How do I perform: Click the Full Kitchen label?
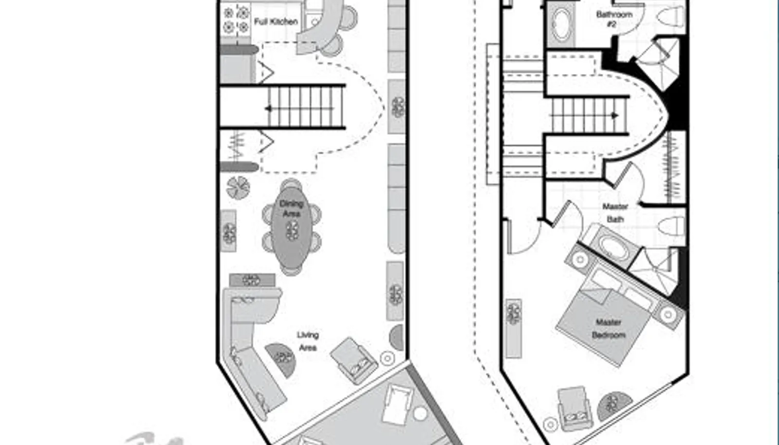pyautogui.click(x=276, y=21)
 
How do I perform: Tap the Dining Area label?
pyautogui.click(x=292, y=208)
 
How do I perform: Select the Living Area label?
pyautogui.click(x=308, y=341)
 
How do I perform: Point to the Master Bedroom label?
pyautogui.click(x=609, y=329)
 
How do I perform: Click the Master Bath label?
pyautogui.click(x=615, y=213)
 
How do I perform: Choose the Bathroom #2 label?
pyautogui.click(x=614, y=19)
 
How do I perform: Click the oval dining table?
pyautogui.click(x=292, y=228)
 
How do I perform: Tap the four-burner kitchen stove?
pyautogui.click(x=236, y=20)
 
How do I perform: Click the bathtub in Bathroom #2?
pyautogui.click(x=561, y=24)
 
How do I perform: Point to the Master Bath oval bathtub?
pyautogui.click(x=613, y=247)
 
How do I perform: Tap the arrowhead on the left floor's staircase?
pyautogui.click(x=268, y=109)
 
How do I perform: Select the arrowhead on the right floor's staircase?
pyautogui.click(x=615, y=115)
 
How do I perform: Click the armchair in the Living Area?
pyautogui.click(x=353, y=360)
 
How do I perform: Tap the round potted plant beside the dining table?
pyautogui.click(x=238, y=188)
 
